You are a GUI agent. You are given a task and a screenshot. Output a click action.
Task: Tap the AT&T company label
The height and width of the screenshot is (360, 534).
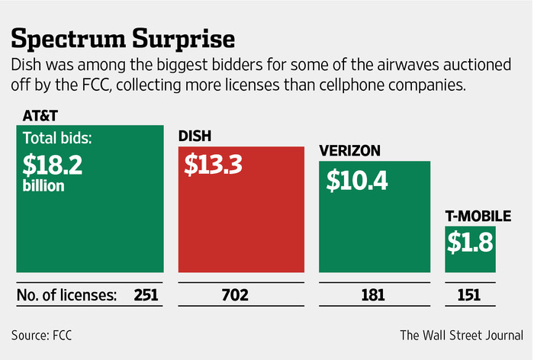tap(33, 115)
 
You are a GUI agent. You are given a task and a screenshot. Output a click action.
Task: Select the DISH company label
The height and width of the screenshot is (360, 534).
tap(195, 138)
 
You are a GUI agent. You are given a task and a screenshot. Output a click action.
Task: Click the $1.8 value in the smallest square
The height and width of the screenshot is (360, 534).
tap(471, 245)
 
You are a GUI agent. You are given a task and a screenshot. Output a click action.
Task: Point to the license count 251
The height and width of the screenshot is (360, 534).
tap(145, 294)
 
